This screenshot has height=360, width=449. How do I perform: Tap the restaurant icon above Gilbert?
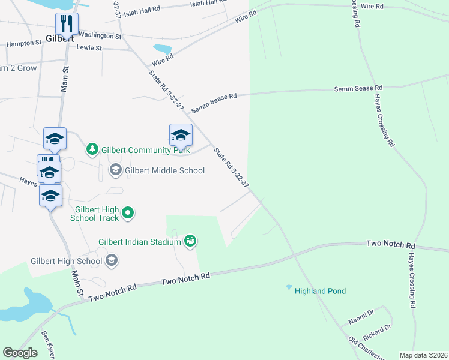point(66,24)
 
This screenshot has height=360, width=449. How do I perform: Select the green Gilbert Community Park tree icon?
point(92,148)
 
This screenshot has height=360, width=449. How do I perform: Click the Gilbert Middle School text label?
point(164,171)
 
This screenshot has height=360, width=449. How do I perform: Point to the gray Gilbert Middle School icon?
point(115,171)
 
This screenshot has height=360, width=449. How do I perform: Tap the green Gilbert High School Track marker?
point(127,213)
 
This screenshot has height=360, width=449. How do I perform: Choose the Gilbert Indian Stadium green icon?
point(190,241)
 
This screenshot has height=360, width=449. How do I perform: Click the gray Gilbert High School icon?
point(111,260)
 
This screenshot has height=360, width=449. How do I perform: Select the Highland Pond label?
point(320,291)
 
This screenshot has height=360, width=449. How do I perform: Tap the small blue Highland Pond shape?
point(289,287)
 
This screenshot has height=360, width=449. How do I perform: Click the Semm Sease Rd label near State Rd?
point(214,103)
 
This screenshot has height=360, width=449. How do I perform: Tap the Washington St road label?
point(100,35)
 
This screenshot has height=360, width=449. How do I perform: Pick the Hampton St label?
point(24,43)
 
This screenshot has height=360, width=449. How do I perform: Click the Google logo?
point(20,353)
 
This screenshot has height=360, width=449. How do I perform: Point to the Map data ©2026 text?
point(423,355)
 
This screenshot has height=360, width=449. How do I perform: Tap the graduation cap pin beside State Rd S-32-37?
point(180,136)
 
